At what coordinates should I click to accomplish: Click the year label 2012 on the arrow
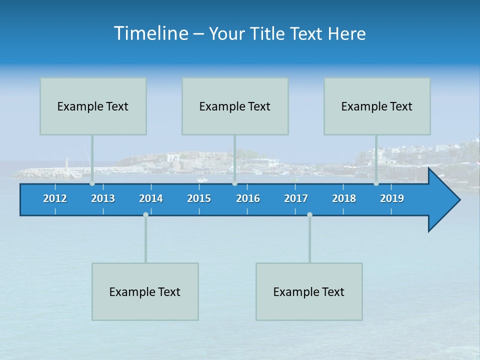point(55,198)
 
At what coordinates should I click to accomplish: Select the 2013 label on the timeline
point(103,198)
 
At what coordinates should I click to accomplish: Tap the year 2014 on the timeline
point(151,198)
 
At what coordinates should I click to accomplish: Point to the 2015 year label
point(199,198)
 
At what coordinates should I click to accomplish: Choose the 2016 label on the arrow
point(248,198)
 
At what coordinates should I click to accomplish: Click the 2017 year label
point(296,198)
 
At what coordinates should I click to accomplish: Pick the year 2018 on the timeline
point(344,198)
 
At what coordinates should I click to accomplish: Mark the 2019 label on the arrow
point(392,198)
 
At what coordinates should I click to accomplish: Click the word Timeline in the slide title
point(150,33)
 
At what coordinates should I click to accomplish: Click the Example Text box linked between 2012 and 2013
point(93,106)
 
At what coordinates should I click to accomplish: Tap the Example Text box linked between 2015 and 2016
point(235,106)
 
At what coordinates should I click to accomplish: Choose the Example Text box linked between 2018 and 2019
point(377,106)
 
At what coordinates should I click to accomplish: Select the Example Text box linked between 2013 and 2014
point(145,291)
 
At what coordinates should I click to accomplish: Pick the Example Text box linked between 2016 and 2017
point(309,291)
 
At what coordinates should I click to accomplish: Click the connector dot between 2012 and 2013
point(92,183)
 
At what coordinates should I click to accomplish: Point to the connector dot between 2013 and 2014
point(145,214)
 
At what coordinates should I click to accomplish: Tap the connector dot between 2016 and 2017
point(309,214)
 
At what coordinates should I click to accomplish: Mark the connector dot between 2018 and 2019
point(376,183)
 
